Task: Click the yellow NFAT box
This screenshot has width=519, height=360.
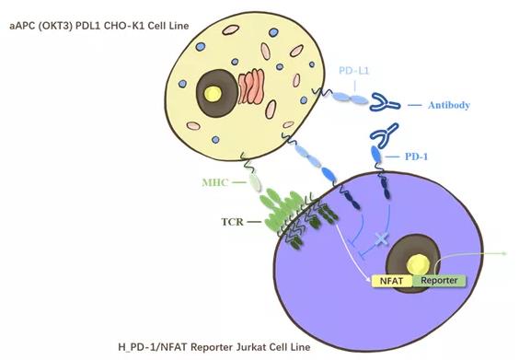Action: pyautogui.click(x=392, y=281)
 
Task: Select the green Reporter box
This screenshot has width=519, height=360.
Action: pyautogui.click(x=439, y=281)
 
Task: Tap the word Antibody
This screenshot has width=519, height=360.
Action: pyautogui.click(x=449, y=105)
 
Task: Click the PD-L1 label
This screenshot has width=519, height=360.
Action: pyautogui.click(x=353, y=71)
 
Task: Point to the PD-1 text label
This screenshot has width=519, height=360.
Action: pyautogui.click(x=416, y=157)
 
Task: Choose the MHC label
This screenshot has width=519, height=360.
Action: pyautogui.click(x=215, y=182)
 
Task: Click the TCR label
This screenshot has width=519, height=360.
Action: pyautogui.click(x=232, y=222)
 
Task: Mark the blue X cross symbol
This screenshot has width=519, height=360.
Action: pyautogui.click(x=381, y=238)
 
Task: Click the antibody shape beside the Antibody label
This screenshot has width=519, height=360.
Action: pyautogui.click(x=384, y=102)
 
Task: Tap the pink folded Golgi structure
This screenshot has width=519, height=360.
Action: pyautogui.click(x=251, y=87)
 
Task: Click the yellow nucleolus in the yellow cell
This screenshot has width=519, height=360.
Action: pyautogui.click(x=213, y=93)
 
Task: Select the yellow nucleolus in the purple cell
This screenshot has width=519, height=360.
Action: pyautogui.click(x=418, y=263)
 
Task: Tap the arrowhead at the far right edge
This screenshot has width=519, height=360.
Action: pyautogui.click(x=504, y=254)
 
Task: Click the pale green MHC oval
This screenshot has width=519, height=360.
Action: pyautogui.click(x=255, y=182)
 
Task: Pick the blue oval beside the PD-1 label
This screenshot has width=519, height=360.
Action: pyautogui.click(x=375, y=155)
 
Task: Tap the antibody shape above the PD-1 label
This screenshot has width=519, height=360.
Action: pyautogui.click(x=385, y=135)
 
